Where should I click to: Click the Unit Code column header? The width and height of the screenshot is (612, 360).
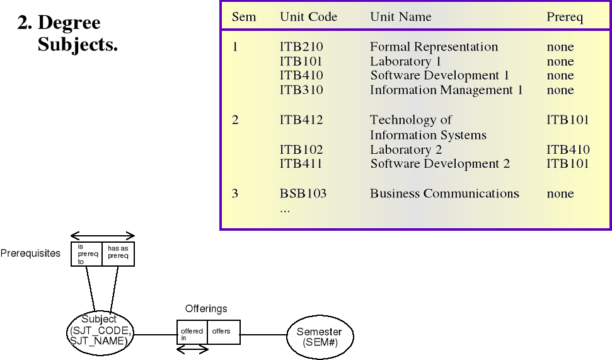point(308,17)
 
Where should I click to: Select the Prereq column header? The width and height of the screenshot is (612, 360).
point(565,17)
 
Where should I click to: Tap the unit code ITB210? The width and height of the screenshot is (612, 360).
point(301,47)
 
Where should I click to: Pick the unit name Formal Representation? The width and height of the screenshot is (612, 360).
point(434,47)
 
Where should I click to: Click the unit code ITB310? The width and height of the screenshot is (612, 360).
point(301,90)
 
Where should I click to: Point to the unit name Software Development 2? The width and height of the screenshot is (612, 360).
point(440,164)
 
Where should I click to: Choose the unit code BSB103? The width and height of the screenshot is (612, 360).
point(303,194)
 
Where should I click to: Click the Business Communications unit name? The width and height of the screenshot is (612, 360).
point(444,194)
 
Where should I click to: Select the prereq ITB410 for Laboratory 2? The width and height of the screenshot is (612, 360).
point(568,149)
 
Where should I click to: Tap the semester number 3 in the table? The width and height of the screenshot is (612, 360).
point(235,194)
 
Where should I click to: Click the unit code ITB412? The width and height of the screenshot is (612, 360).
point(301,120)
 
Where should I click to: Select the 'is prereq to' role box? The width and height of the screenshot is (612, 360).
point(86,253)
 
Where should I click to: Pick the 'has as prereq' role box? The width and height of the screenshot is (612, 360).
point(118,253)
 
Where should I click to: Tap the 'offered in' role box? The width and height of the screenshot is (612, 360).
point(192,332)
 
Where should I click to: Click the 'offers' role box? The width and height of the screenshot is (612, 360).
point(223,332)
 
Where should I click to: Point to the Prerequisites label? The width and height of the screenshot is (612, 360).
point(30,253)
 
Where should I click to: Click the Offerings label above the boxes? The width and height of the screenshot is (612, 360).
point(206,309)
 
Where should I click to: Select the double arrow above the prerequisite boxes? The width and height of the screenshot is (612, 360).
point(103,236)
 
